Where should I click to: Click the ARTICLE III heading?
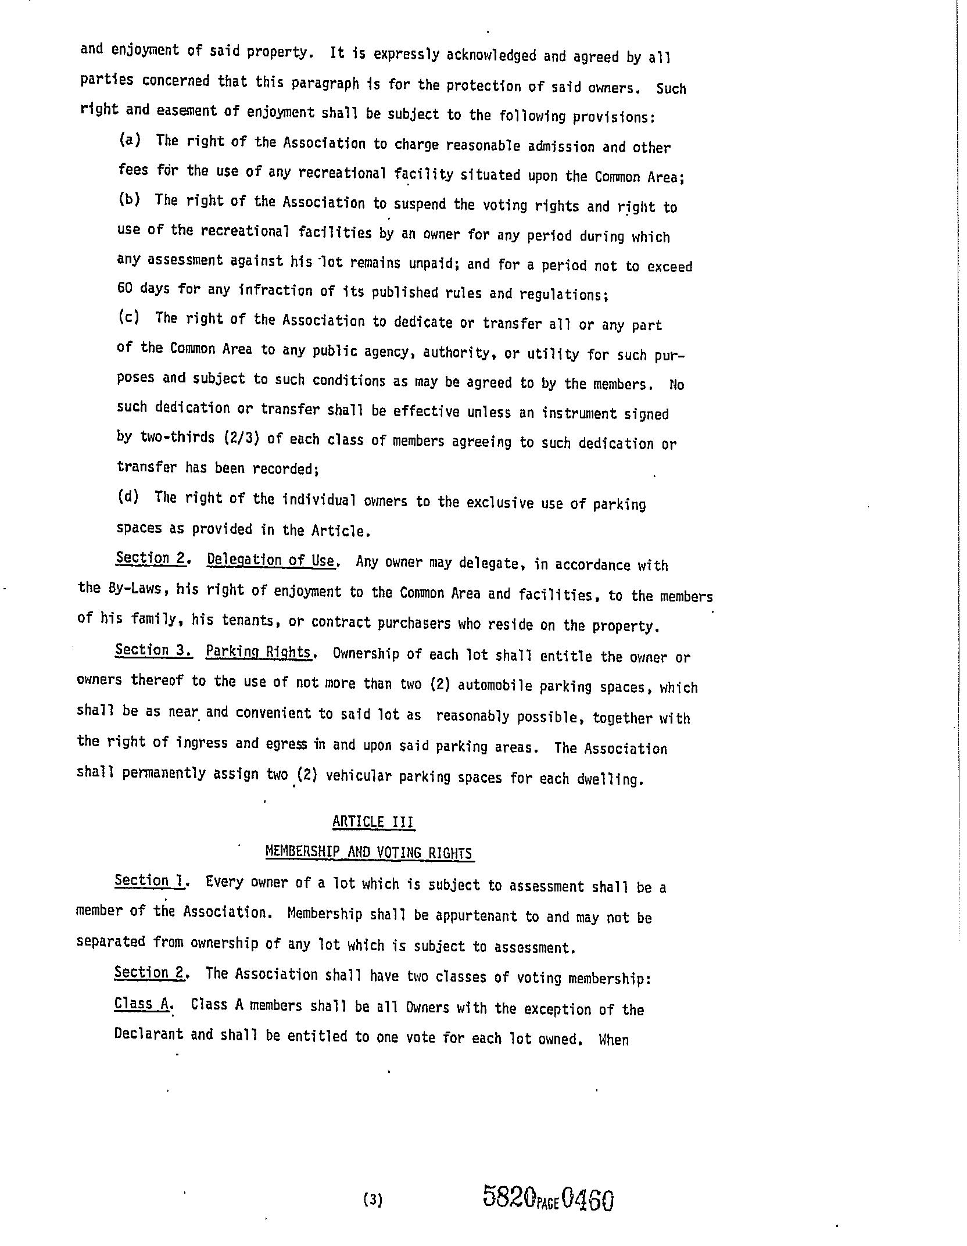[373, 822]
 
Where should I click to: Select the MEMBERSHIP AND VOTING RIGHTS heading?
[369, 852]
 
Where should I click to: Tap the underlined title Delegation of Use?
[271, 560]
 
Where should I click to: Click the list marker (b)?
[130, 199]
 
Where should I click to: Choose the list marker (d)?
[128, 497]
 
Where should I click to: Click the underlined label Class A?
[142, 1004]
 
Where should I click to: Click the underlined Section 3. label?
[153, 650]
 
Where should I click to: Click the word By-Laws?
[139, 588]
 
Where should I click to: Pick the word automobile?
[495, 685]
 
